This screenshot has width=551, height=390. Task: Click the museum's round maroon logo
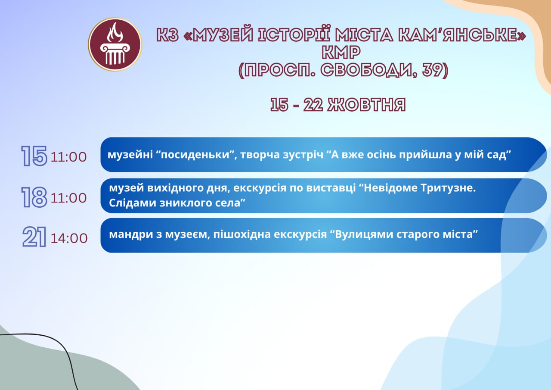click(x=115, y=44)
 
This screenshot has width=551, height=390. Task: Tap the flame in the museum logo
click(x=115, y=32)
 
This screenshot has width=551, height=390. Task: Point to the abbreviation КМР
click(x=341, y=53)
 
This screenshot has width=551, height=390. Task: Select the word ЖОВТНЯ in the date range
click(x=367, y=105)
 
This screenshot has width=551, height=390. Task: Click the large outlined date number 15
click(x=34, y=156)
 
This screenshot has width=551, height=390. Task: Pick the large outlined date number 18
click(x=34, y=197)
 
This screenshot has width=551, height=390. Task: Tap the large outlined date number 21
click(x=34, y=237)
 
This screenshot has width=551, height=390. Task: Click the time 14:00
click(x=69, y=239)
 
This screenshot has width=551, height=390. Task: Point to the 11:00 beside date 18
click(x=68, y=198)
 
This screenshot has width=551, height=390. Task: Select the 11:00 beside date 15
click(x=68, y=157)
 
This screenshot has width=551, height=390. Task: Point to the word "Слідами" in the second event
click(x=132, y=203)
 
